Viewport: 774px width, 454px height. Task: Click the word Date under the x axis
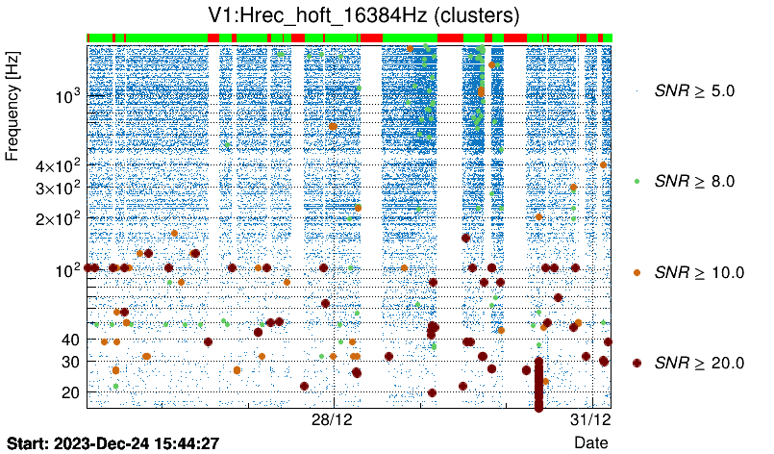tap(590, 442)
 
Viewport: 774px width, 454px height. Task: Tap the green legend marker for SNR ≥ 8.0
tap(637, 181)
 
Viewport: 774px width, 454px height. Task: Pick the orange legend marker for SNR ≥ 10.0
tap(637, 272)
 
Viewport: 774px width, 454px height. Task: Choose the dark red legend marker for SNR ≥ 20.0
tap(637, 363)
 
